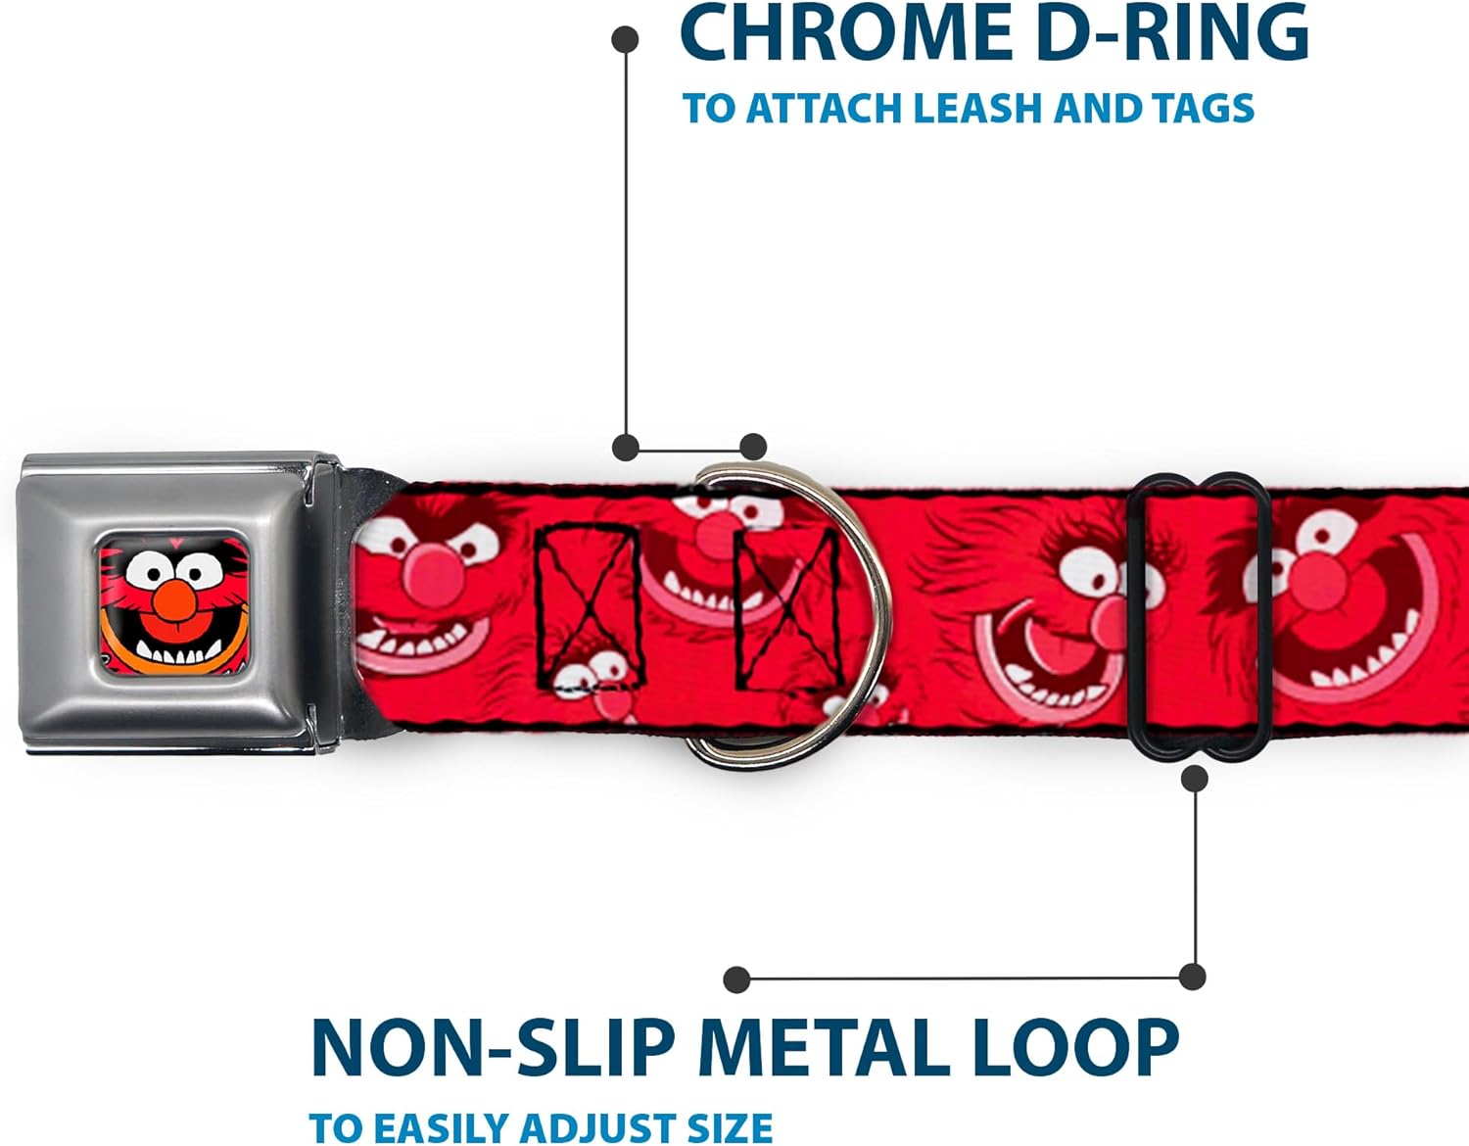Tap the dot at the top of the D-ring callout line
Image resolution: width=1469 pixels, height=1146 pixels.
[625, 39]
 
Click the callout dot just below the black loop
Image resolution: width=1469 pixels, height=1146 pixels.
[1194, 779]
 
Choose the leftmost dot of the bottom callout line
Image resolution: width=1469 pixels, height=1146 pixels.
[736, 979]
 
